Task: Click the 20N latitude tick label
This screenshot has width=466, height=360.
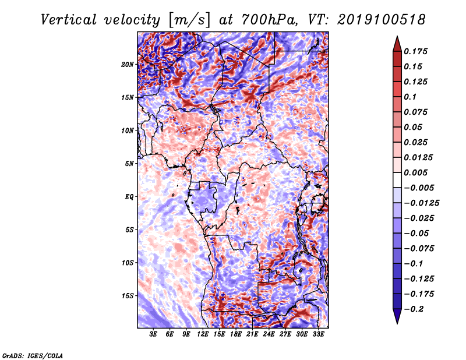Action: pyautogui.click(x=128, y=64)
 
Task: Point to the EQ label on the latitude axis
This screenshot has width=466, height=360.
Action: pyautogui.click(x=129, y=197)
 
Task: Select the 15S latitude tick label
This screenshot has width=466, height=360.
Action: pyautogui.click(x=128, y=296)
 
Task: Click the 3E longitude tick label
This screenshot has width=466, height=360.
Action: pyautogui.click(x=154, y=334)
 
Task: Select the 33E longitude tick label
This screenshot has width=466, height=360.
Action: pyautogui.click(x=318, y=334)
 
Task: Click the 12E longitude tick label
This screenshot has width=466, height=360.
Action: pyautogui.click(x=203, y=334)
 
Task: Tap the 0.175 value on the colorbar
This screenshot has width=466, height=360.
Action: pyautogui.click(x=418, y=51)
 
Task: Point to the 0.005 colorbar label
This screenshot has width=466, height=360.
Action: pyautogui.click(x=418, y=172)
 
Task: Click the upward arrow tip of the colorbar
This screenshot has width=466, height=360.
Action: pyautogui.click(x=396, y=38)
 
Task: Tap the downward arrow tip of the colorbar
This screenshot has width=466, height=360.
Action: pyautogui.click(x=396, y=322)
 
